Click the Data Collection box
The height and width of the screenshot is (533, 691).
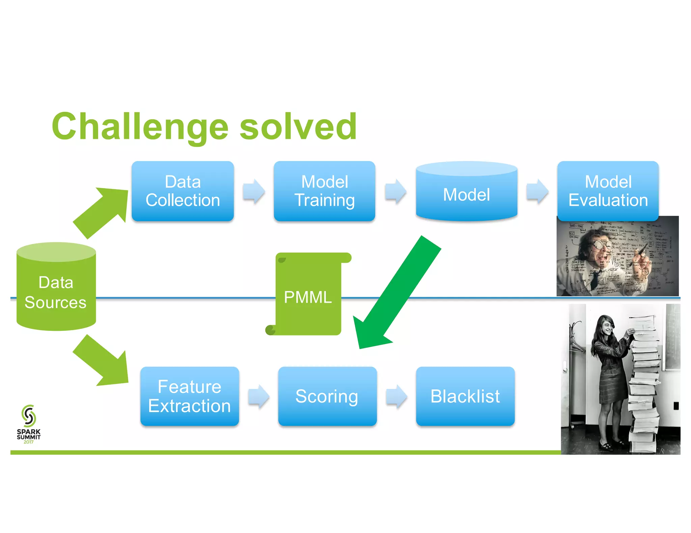pos(183,191)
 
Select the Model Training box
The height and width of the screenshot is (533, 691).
pos(324,191)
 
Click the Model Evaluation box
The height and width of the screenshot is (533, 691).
pos(608,191)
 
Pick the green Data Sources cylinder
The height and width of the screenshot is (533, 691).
pos(56,290)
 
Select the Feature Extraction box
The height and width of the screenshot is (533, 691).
pos(190,396)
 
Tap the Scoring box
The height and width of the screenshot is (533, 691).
pos(327,396)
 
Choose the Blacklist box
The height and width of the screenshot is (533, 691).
pos(465,396)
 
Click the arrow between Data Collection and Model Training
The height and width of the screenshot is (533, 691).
pos(254,191)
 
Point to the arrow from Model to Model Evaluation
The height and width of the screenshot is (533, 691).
pos(537,191)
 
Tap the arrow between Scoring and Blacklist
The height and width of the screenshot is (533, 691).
pos(396,396)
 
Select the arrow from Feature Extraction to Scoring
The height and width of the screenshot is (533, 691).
pos(258,396)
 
